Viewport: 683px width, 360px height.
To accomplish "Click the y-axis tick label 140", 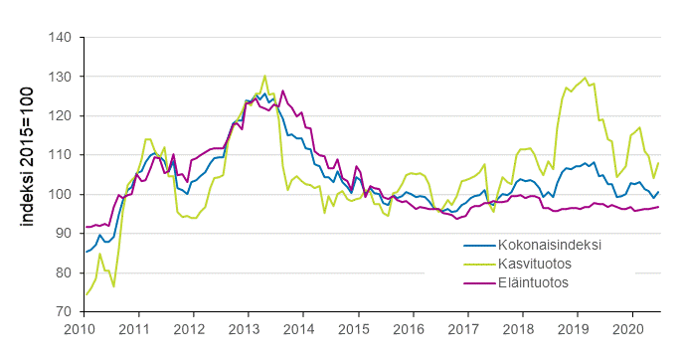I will pos(60,38).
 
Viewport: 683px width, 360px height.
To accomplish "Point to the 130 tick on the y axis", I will pos(60,77).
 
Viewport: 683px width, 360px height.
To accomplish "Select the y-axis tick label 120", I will pos(60,116).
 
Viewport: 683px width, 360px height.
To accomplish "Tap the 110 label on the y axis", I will pos(60,155).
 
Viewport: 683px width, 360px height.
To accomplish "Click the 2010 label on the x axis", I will pos(80,328).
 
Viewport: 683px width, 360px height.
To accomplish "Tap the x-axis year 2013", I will pos(245,328).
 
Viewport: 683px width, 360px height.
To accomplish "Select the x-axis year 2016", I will pos(410,328).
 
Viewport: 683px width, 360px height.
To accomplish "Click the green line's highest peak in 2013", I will pos(264,76).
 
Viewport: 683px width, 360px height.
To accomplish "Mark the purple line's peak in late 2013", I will pos(283,90).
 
